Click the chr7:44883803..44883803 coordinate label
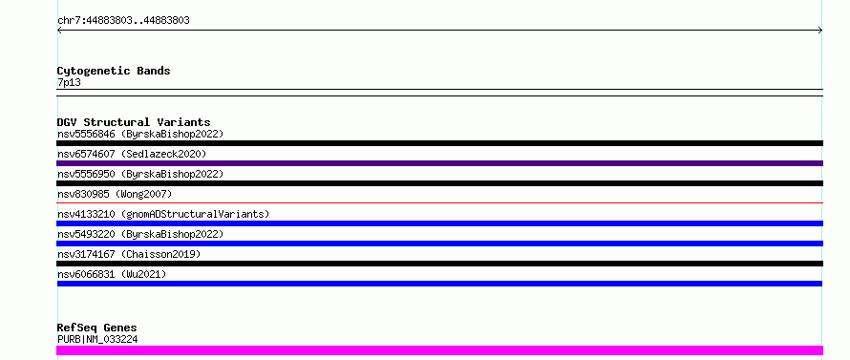pos(123,21)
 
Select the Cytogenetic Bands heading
pos(114,71)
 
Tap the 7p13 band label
pos(69,82)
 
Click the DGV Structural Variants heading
pos(134,122)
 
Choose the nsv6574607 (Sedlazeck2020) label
pos(132,154)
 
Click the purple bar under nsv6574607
pos(439,163)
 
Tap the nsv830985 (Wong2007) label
pos(115,194)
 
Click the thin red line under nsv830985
pos(439,202)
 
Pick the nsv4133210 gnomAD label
pos(163,214)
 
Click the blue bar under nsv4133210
pos(439,223)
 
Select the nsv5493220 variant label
pos(140,234)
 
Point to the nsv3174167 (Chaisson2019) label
pos(129,254)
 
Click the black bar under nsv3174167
pos(439,264)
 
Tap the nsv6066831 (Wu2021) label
pos(112,274)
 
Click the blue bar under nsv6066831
pos(439,284)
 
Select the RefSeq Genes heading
pos(97,328)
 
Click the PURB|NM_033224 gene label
pos(97,339)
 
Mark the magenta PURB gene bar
pos(439,350)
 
